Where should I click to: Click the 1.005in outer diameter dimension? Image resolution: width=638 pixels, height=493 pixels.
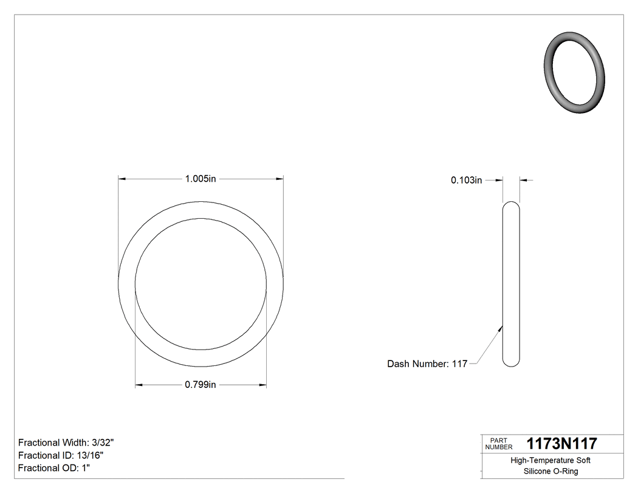coord(201,179)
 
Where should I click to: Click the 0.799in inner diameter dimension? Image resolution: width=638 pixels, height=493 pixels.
coord(201,385)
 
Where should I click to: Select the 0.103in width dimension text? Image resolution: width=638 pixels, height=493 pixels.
coord(466,180)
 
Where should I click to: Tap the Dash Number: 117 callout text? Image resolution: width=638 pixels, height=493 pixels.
coord(427,364)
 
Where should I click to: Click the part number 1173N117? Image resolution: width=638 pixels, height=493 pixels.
coord(561,443)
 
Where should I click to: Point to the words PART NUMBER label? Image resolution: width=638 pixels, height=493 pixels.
coord(499,444)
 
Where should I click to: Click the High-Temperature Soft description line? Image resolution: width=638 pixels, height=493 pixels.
coord(551,460)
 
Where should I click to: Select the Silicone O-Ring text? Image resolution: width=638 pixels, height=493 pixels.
coord(551,471)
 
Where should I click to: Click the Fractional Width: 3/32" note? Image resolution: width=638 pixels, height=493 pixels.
coord(66,443)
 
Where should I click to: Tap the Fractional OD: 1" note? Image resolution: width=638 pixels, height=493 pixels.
coord(54,468)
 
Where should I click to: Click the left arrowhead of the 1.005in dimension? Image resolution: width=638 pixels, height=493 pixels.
coord(122,179)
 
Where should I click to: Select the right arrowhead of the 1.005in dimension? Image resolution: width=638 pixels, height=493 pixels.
coord(280,179)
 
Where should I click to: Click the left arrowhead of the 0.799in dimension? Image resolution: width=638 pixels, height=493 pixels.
coord(138,385)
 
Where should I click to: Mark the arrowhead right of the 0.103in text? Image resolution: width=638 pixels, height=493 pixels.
coord(500,180)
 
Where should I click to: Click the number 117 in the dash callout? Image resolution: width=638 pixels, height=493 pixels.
coord(459,364)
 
